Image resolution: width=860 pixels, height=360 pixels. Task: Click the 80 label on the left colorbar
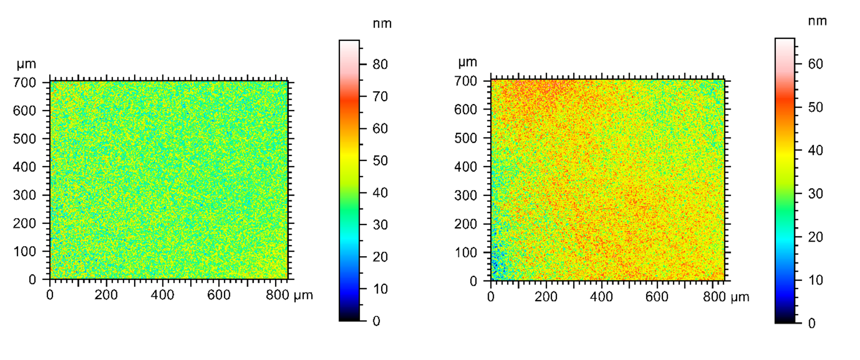[x=380, y=64]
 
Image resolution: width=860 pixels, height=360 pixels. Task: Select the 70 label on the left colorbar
[x=380, y=96]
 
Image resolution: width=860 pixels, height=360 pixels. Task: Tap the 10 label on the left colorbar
[x=380, y=289]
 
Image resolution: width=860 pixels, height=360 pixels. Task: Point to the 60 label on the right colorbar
[x=816, y=64]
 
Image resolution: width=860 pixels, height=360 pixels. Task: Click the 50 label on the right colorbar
[x=816, y=107]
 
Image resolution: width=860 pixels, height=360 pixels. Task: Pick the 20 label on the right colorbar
[x=816, y=237]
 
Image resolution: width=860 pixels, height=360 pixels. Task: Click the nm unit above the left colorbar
[x=382, y=24]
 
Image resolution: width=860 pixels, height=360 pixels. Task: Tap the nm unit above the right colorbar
[x=817, y=21]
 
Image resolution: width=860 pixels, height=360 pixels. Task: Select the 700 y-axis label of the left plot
[x=25, y=82]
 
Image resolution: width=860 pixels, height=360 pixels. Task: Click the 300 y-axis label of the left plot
[x=25, y=195]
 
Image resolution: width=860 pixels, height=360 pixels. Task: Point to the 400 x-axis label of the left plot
[x=163, y=295]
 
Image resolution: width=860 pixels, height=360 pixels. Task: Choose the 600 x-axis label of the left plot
[x=219, y=295]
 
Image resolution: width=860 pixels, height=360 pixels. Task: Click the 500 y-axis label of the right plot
[x=465, y=138]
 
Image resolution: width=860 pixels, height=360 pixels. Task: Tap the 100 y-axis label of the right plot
[x=465, y=252]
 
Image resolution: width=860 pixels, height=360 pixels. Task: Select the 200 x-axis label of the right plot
[x=546, y=297]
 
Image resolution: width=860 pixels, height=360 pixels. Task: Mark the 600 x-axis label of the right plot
[x=657, y=297]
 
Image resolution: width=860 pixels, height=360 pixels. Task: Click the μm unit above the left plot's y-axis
[x=26, y=64]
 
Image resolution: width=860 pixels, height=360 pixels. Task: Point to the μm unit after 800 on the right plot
[x=740, y=297]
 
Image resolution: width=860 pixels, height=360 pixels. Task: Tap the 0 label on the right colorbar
[x=812, y=323]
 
